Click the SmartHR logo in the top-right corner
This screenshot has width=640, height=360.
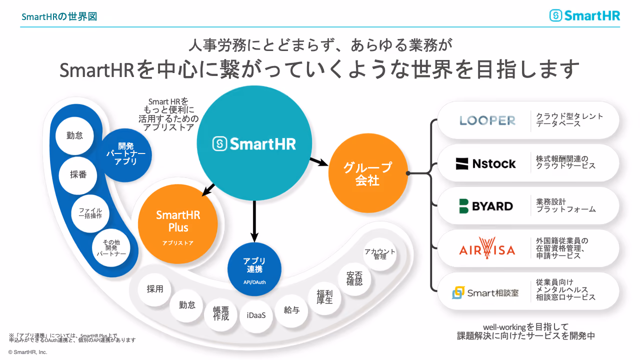coord(584,15)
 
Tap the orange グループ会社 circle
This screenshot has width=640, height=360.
coord(368,173)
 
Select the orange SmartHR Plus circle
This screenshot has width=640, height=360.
coord(177,223)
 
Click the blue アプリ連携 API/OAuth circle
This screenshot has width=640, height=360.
coord(254,269)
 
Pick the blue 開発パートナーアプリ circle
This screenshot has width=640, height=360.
coord(125,155)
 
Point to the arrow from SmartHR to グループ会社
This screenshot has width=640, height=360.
coord(319,161)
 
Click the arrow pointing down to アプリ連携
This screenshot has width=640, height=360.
coord(254,221)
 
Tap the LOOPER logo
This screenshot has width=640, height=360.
coord(487,120)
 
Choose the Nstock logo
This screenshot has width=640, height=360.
coord(485,163)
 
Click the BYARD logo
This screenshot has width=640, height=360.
coord(486,206)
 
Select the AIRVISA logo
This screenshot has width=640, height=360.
coord(487,248)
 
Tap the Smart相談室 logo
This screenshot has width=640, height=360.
coord(485,292)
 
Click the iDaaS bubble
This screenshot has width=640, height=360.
coord(256,315)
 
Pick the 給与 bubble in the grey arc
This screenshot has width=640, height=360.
coord(291,310)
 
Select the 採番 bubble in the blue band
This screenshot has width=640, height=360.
coord(78,174)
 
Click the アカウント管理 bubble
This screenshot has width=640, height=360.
coord(379,253)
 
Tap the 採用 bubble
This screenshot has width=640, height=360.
coord(155,289)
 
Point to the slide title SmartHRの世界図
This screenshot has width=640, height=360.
coord(59,16)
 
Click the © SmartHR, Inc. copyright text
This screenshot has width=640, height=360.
coord(27,352)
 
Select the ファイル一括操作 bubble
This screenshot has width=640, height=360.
coord(90,213)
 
